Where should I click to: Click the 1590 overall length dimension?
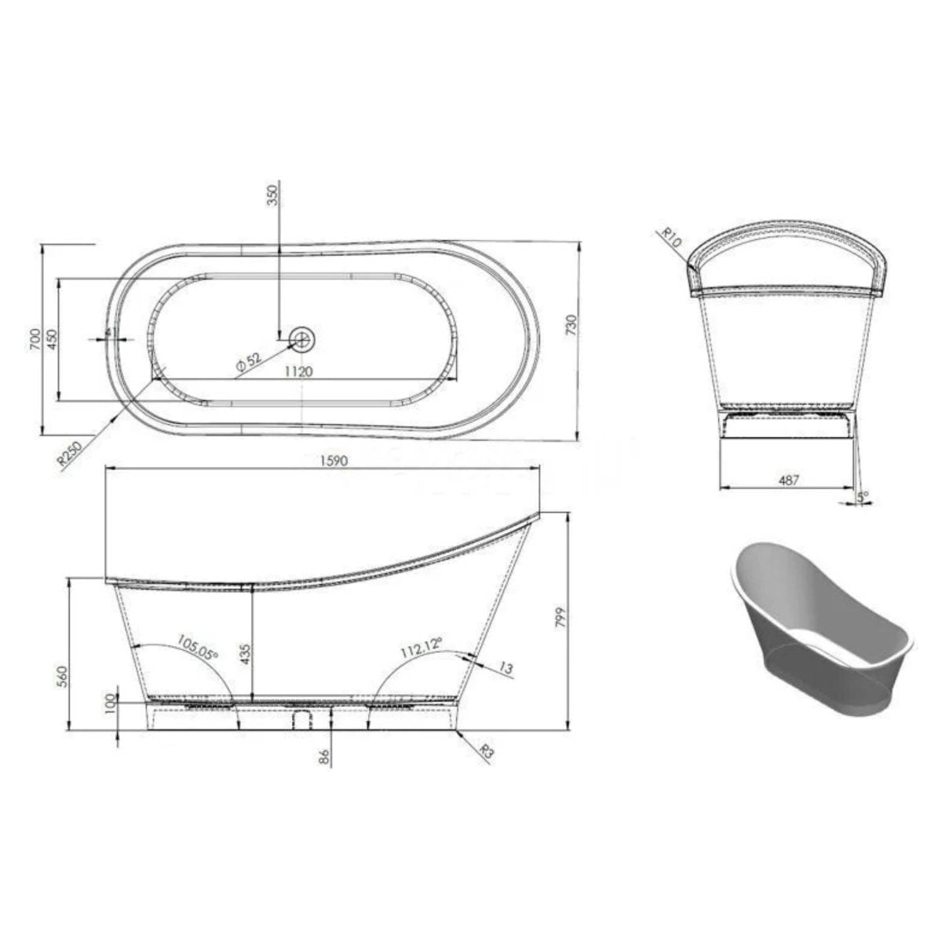(323, 462)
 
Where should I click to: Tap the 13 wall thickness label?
(506, 668)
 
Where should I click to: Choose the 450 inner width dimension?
(51, 340)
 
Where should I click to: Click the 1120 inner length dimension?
(299, 372)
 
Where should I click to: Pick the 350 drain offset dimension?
(273, 196)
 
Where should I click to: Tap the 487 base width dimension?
(787, 480)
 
